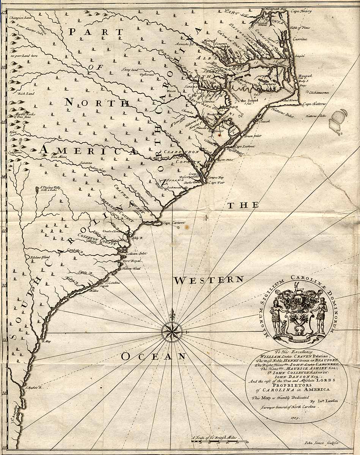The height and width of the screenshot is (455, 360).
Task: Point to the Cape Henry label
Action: (302, 11)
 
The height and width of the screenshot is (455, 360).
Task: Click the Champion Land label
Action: (22, 17)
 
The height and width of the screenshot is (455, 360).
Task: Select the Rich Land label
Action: (25, 93)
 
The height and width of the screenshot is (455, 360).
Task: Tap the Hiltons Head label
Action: (131, 268)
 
